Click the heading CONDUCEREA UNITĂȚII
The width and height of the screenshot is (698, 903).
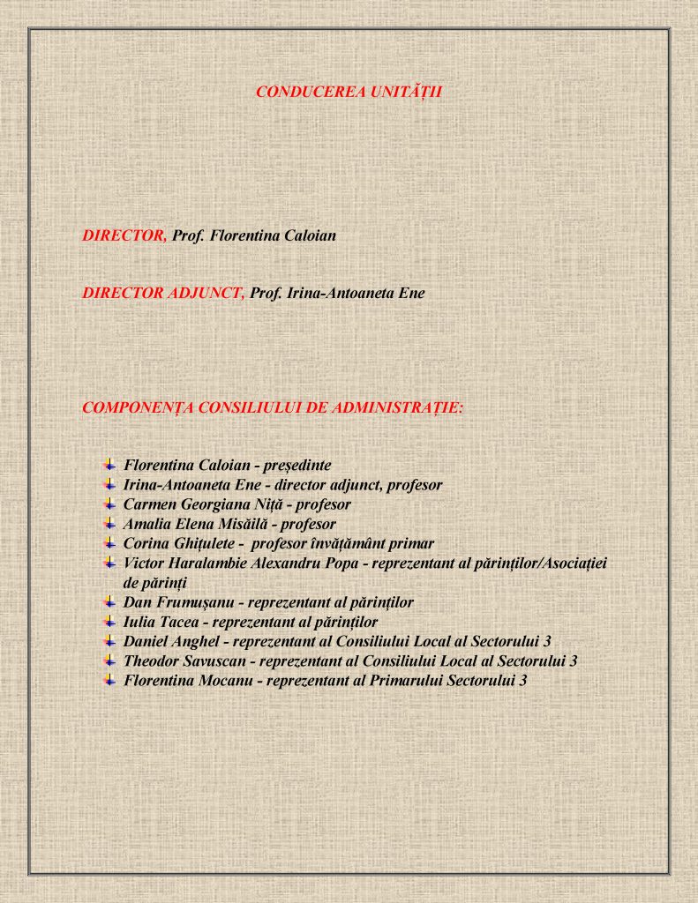tap(349, 92)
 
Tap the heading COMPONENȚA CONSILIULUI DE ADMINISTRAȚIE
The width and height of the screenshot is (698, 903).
tap(273, 407)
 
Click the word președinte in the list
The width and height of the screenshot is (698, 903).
tap(297, 465)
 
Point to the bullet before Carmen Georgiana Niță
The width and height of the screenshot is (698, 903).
tap(109, 504)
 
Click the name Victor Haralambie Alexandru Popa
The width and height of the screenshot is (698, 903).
tap(241, 563)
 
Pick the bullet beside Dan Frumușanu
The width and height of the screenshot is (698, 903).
tap(109, 601)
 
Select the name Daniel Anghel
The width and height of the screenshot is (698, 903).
tap(172, 641)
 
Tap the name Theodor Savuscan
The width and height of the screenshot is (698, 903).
tap(181, 660)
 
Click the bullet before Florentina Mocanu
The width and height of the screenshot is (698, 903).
tap(109, 679)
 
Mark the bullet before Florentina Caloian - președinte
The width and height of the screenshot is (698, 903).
tap(109, 464)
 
